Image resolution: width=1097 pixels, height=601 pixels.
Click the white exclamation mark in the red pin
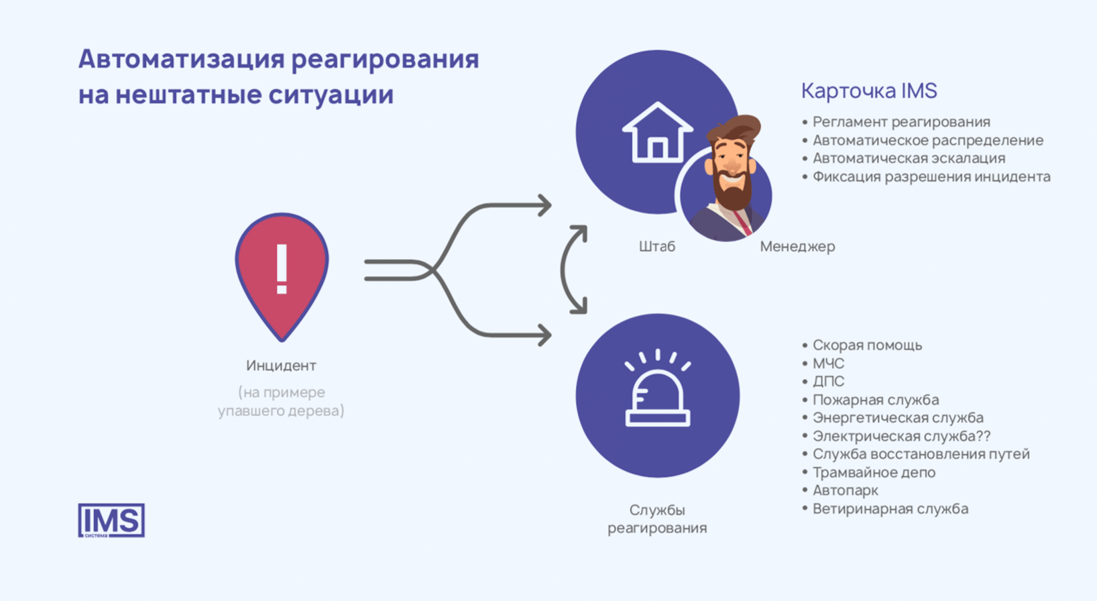click(282, 269)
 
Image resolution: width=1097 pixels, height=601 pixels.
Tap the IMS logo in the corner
click(111, 521)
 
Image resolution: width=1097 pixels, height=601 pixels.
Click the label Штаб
click(656, 247)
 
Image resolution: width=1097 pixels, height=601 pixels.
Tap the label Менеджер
click(797, 247)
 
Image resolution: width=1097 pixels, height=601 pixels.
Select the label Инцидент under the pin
click(281, 366)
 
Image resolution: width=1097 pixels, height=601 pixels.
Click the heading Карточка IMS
click(869, 91)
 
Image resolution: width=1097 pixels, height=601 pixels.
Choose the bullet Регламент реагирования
click(901, 122)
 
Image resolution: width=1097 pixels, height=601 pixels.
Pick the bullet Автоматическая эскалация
click(909, 158)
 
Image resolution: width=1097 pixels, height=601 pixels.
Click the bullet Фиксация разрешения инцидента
click(931, 177)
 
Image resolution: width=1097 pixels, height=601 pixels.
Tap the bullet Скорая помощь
click(867, 345)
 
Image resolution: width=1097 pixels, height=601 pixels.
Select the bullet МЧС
click(828, 364)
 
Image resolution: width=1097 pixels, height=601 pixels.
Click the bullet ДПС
click(828, 382)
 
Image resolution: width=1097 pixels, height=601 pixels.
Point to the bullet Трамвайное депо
click(874, 472)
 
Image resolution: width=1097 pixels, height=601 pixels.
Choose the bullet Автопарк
click(845, 490)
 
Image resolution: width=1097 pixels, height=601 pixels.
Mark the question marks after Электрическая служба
click(982, 436)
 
